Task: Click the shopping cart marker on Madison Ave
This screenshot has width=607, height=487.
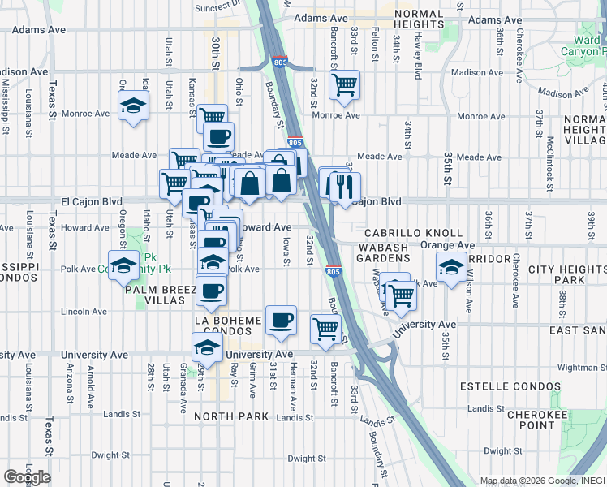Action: (345, 84)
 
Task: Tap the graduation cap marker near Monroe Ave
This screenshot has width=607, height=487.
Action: (133, 106)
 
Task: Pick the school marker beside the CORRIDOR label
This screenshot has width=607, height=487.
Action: (450, 267)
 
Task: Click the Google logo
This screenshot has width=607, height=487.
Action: (27, 477)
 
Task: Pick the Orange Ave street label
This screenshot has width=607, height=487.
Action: (446, 244)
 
